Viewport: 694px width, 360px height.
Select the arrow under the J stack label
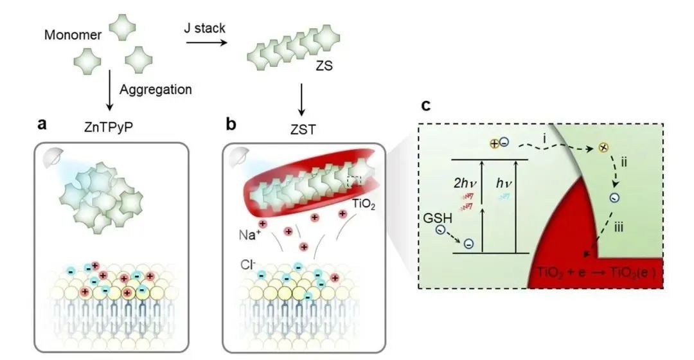[207, 44]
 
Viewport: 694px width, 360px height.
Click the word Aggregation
[155, 90]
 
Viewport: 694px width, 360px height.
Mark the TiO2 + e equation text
[594, 274]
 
